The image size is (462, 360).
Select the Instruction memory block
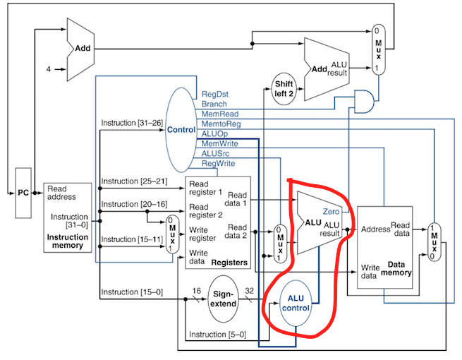[68, 218]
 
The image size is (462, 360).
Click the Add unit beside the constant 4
[82, 49]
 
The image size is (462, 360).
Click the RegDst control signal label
[215, 93]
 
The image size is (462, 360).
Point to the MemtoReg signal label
[221, 123]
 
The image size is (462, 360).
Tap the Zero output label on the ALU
[332, 212]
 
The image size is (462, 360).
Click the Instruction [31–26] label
[132, 123]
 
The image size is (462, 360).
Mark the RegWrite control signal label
[219, 162]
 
